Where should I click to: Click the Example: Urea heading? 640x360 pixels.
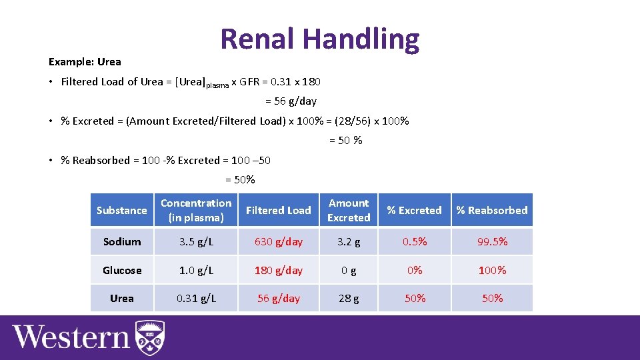point(85,62)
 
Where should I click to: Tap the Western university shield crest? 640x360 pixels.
point(150,338)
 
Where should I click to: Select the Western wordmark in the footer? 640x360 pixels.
point(70,338)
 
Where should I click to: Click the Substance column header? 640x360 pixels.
point(121,210)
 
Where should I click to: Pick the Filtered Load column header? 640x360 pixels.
point(278,210)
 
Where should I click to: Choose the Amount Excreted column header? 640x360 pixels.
point(349,210)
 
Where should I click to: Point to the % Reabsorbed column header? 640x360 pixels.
point(492,210)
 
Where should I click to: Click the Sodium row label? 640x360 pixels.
point(122,241)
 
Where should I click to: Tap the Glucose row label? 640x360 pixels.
point(122,270)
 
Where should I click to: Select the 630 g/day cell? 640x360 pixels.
point(278,241)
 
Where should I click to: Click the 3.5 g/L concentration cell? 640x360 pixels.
point(196,241)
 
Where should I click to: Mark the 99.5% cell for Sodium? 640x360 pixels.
point(492,241)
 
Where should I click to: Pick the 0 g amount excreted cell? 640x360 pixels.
point(349,270)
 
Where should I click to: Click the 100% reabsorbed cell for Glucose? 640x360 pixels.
point(492,270)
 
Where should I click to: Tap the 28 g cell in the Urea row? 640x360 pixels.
point(349,298)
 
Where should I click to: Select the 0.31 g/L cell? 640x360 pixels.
point(196,298)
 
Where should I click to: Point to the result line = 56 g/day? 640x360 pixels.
point(291,101)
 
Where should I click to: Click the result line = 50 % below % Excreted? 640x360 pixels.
point(346,141)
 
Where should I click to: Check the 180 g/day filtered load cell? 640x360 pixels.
point(278,270)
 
